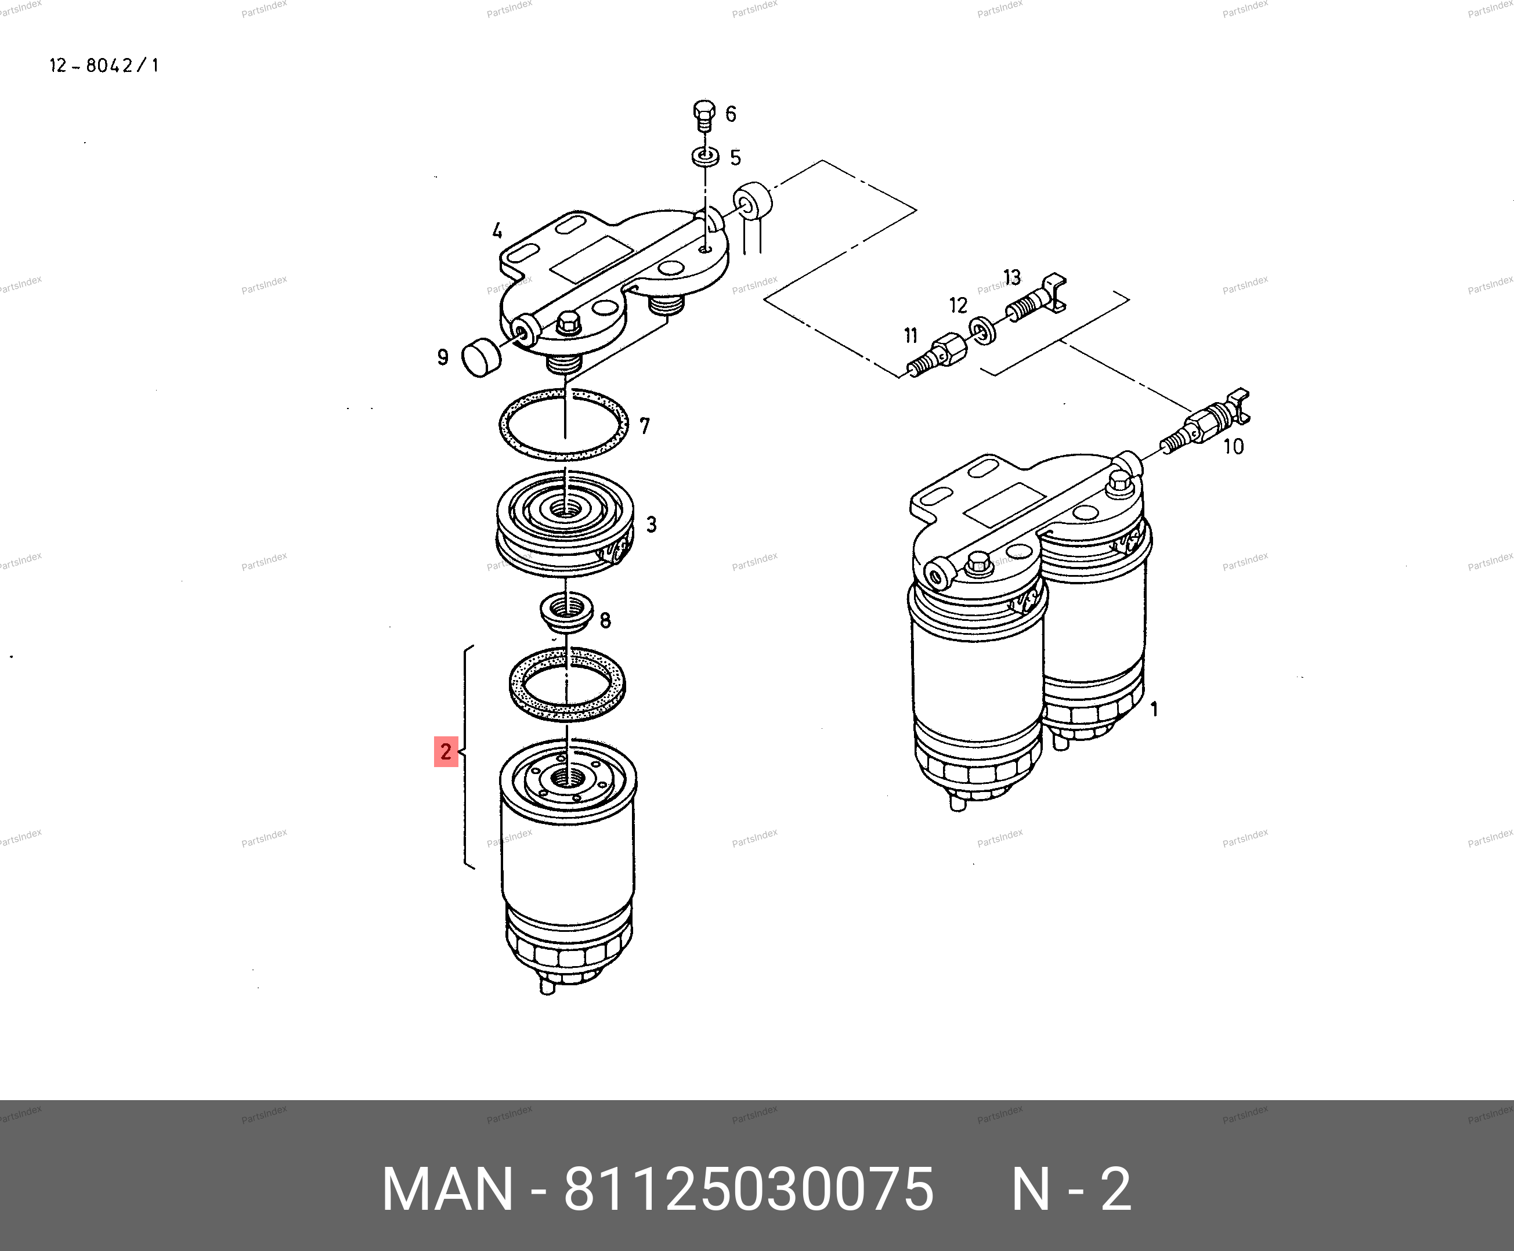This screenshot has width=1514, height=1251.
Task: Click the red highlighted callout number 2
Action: click(446, 751)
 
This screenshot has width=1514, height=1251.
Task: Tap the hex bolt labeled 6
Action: click(704, 115)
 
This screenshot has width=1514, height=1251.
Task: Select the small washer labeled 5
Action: click(704, 157)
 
